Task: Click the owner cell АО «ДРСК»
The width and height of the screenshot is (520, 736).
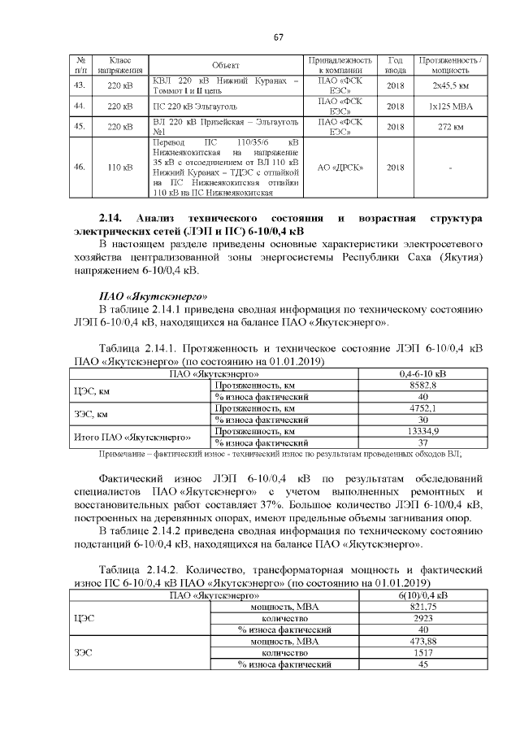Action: (340, 168)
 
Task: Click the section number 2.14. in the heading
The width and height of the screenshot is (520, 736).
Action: (111, 220)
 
